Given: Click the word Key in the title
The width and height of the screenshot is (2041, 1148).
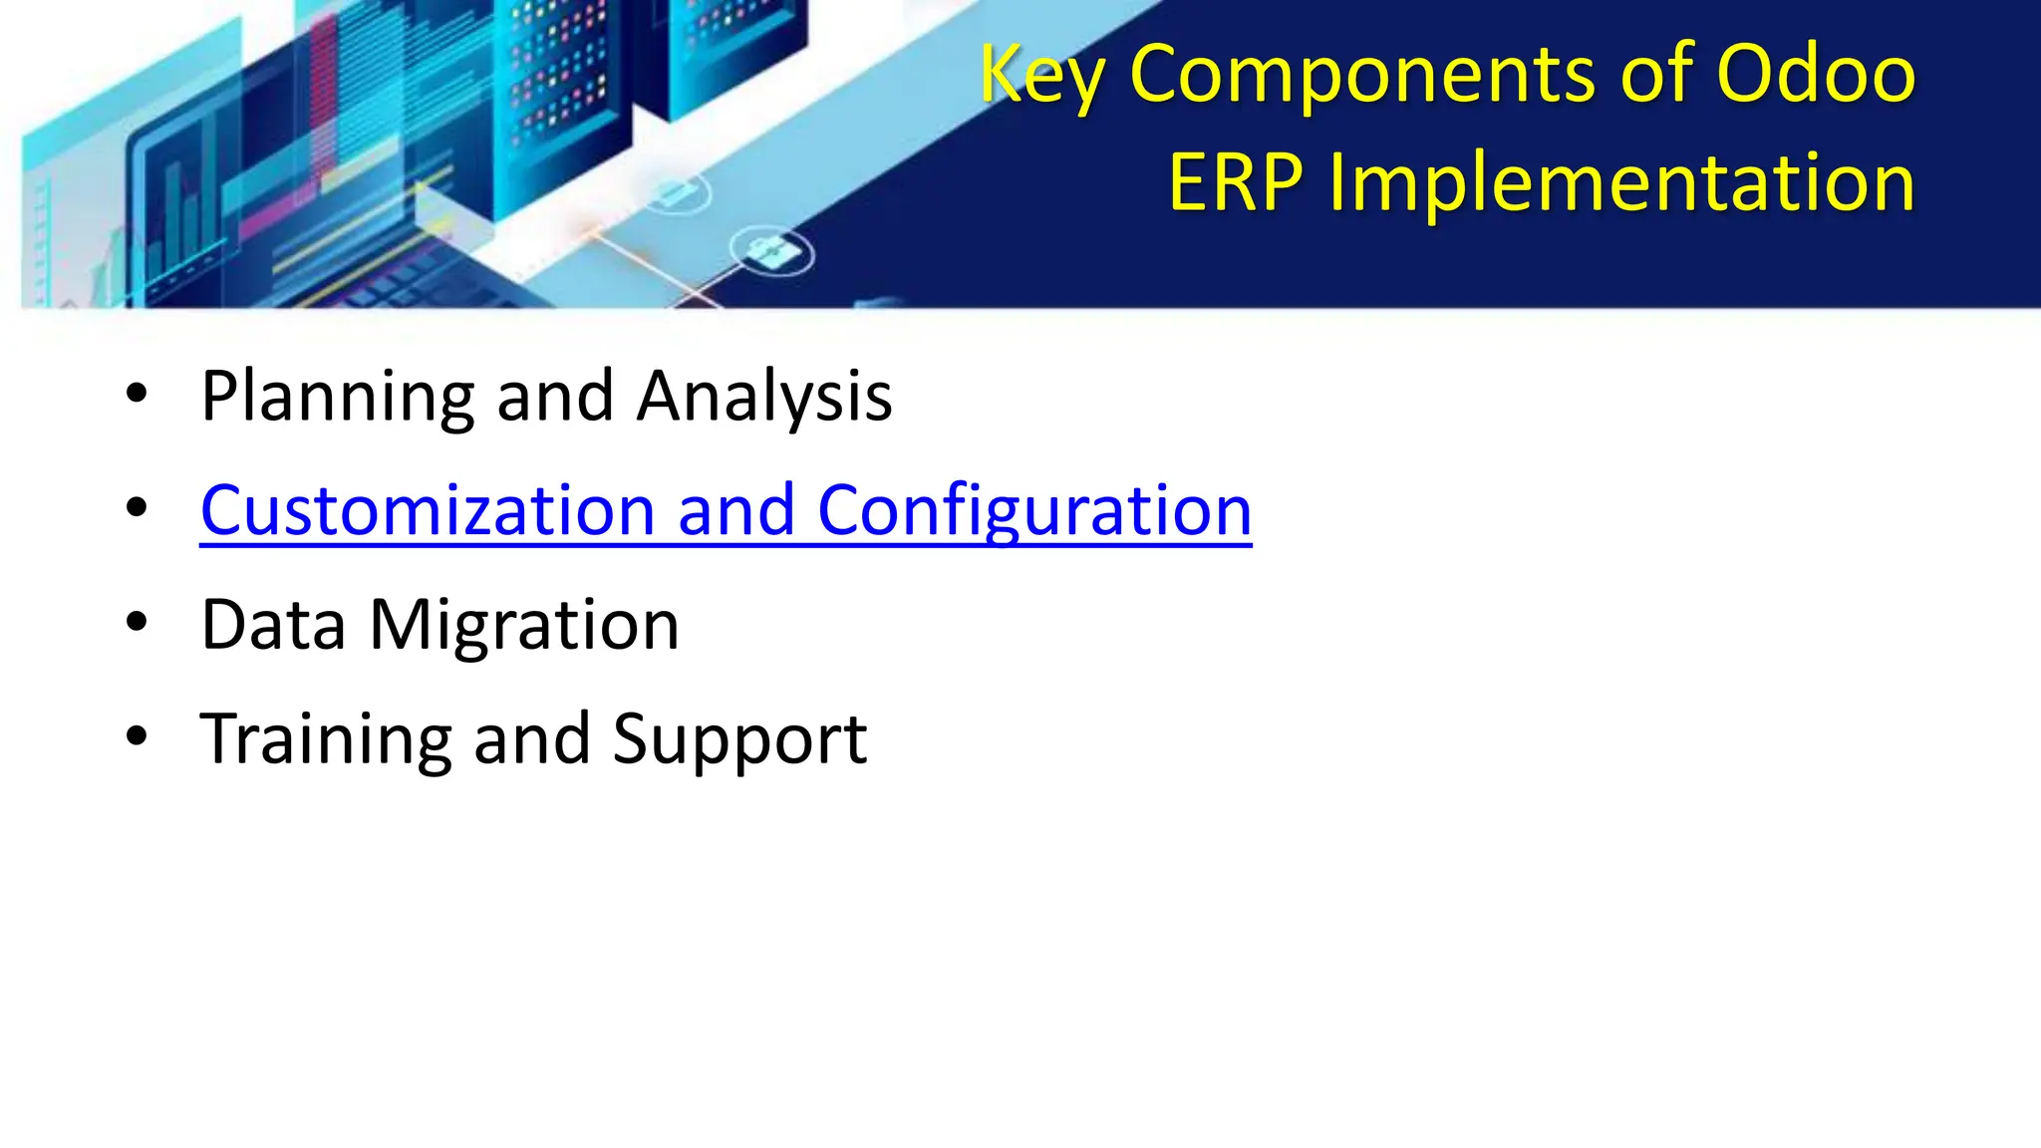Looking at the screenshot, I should [1041, 76].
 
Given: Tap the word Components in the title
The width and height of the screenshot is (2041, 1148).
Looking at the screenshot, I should [1363, 74].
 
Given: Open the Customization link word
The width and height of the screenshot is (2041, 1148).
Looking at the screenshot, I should [428, 510].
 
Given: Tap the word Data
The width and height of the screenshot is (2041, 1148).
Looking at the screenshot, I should [273, 625].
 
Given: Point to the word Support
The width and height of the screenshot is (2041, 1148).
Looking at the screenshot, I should [739, 740].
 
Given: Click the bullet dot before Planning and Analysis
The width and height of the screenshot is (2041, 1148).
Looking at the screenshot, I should [137, 395].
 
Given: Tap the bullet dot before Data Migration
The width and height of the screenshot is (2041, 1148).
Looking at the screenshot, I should [137, 623].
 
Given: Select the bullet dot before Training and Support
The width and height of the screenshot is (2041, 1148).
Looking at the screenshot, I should [137, 737].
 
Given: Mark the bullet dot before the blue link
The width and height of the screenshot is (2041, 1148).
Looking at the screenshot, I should [137, 508].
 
